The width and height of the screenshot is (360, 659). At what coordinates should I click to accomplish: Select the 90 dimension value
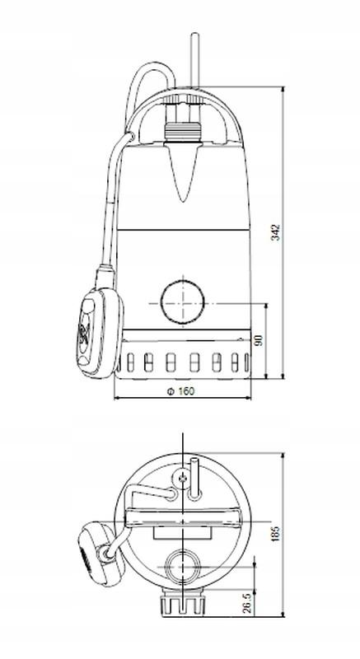(x=258, y=340)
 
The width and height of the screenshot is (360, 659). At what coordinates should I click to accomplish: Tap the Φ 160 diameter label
(x=182, y=391)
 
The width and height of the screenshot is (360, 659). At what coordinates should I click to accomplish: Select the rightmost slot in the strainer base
(x=241, y=362)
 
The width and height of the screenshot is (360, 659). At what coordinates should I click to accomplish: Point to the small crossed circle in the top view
(x=182, y=477)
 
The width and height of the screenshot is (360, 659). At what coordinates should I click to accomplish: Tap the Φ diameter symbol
(x=169, y=391)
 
